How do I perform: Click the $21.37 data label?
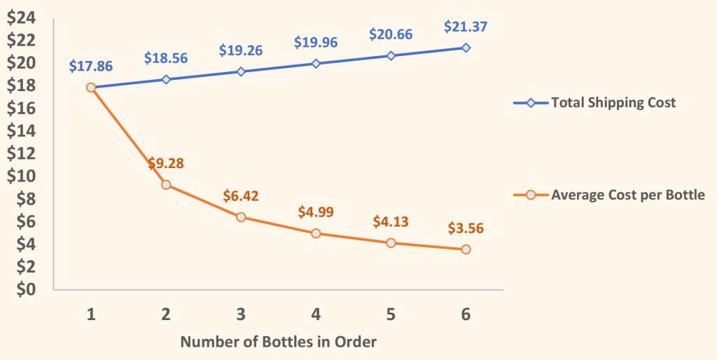tap(466, 27)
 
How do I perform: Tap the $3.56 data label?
tap(466, 228)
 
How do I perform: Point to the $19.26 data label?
tap(241, 50)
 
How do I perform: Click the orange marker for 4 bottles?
tap(316, 233)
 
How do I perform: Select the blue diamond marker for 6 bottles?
tap(466, 48)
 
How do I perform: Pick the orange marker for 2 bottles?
tap(166, 185)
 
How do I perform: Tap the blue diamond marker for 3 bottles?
tap(241, 71)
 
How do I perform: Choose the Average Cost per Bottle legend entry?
tap(627, 195)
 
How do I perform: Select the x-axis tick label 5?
tap(391, 314)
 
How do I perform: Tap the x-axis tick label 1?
tap(91, 314)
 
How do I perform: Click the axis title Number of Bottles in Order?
tap(279, 342)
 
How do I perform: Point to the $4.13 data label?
tap(391, 222)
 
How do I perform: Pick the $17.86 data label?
tap(91, 67)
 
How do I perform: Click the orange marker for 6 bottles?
tap(466, 249)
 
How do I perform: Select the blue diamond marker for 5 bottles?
tap(391, 55)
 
